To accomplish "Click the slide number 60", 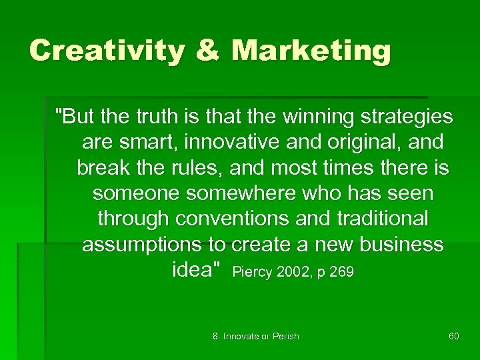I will point(453,336).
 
